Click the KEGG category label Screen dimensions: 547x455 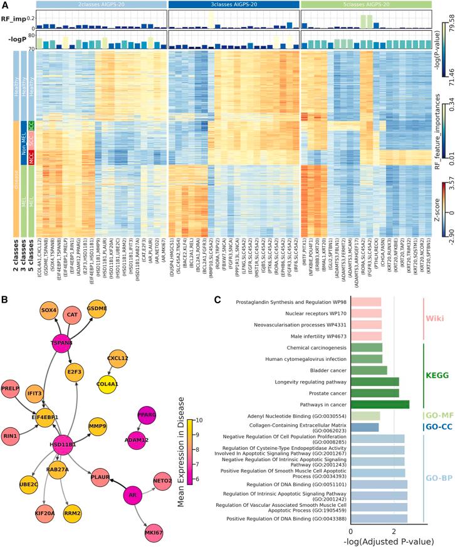point(437,375)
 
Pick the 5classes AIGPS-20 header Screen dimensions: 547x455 point(365,4)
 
